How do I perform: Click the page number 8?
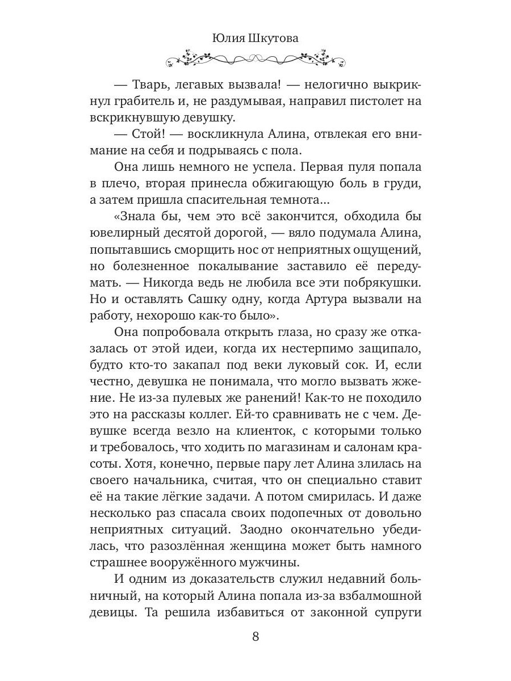[255, 636]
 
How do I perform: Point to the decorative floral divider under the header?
[255, 58]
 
